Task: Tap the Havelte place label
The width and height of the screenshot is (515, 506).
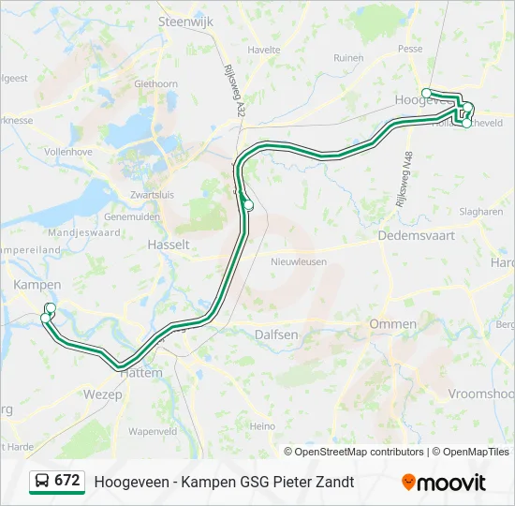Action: [265, 50]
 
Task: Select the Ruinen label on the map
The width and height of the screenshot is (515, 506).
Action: [348, 57]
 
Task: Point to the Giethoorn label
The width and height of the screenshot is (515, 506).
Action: [156, 83]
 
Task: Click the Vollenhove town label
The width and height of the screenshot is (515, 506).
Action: [68, 150]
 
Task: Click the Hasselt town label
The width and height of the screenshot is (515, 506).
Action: [169, 245]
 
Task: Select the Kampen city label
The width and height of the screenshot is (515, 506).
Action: [37, 285]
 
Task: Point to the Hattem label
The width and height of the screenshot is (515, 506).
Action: [141, 372]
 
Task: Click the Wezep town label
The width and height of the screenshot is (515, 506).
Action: [103, 394]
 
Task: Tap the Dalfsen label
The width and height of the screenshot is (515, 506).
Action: [276, 335]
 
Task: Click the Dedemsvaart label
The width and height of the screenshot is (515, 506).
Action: [415, 237]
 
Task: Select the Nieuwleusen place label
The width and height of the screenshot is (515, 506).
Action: [296, 262]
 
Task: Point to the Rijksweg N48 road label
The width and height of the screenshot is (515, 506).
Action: [404, 180]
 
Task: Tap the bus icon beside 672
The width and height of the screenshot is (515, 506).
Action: [42, 481]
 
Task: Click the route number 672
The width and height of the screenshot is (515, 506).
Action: [66, 481]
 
